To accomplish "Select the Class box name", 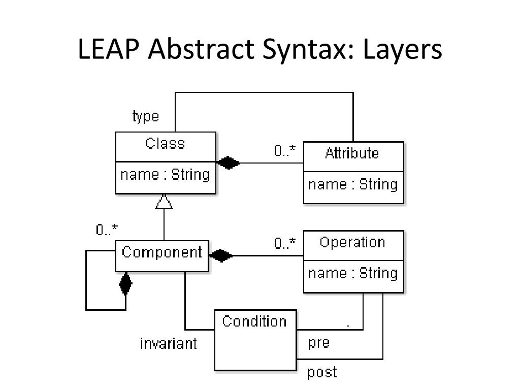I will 165,144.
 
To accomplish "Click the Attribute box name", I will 352,153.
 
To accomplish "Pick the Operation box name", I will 352,242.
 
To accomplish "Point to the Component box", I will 162,252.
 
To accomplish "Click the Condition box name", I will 254,321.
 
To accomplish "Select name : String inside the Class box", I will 165,175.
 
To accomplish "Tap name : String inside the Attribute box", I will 353,184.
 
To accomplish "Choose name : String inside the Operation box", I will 353,273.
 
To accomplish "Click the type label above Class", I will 146,116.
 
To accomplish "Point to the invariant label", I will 169,344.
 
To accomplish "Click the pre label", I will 319,343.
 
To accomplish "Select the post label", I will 322,372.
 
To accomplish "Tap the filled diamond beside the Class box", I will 228,163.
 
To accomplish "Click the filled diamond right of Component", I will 221,255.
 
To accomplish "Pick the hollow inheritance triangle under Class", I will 164,202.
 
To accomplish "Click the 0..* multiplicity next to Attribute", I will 285,151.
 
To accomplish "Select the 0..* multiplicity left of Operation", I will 285,244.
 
